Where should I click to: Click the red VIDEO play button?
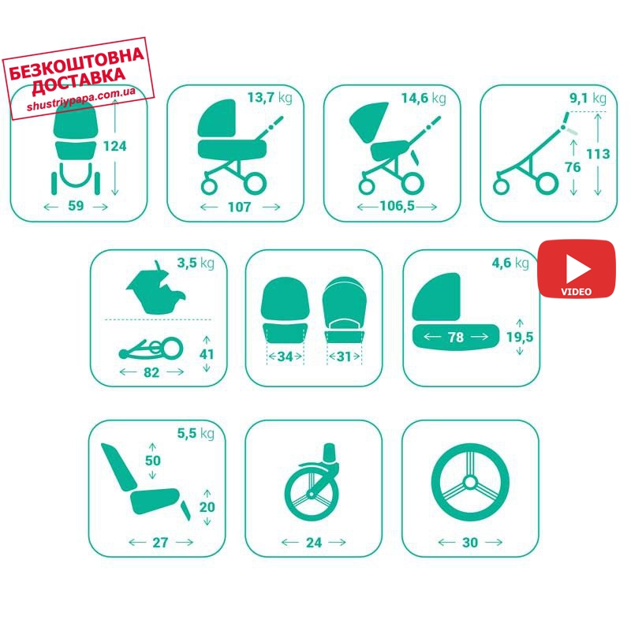pos(577,269)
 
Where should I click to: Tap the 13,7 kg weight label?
pos(270,98)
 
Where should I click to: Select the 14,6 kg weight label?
pos(424,98)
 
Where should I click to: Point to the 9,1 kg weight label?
pos(588,98)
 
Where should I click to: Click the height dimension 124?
pos(114,146)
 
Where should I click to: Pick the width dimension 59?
pos(76,206)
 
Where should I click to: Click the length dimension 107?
pos(240,207)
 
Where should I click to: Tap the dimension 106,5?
pos(398,206)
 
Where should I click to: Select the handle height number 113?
pos(598,154)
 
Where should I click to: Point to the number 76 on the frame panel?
pos(573,167)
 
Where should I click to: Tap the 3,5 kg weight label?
pos(196,263)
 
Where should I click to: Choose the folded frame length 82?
pos(151,372)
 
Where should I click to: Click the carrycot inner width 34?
pos(285,357)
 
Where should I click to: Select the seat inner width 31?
pos(344,357)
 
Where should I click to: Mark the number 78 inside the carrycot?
pos(456,338)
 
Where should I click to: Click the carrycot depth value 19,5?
pos(520,337)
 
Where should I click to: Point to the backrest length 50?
pos(152,461)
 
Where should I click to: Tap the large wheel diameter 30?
pos(470,543)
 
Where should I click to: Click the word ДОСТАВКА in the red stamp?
pos(78,82)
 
